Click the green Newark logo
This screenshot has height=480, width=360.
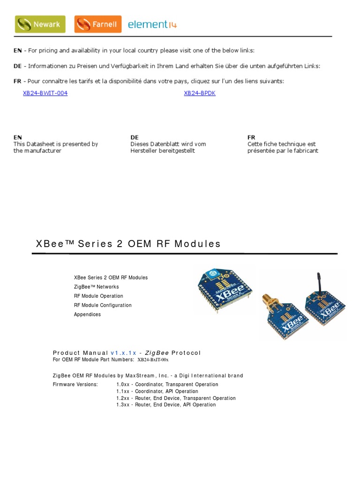(40, 24)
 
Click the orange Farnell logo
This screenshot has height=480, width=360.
(97, 24)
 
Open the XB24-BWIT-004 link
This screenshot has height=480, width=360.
(45, 93)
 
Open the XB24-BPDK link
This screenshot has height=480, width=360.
(200, 93)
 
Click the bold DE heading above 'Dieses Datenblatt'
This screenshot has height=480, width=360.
(135, 137)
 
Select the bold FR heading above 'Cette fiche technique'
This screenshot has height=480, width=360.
(251, 137)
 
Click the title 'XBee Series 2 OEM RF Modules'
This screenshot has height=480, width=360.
(128, 244)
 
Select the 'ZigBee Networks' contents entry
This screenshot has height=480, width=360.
(96, 287)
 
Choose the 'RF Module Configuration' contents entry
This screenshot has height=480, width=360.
(103, 305)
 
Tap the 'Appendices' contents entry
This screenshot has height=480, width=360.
(87, 315)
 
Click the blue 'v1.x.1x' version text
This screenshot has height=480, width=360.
(123, 353)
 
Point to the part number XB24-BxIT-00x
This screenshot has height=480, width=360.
(152, 360)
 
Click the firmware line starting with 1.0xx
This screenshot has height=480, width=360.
(167, 384)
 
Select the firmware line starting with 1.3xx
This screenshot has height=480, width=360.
(166, 405)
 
